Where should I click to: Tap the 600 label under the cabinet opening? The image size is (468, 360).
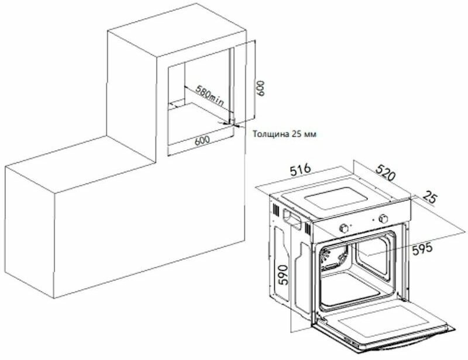(202, 140)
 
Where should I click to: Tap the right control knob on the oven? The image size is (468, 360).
(384, 219)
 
